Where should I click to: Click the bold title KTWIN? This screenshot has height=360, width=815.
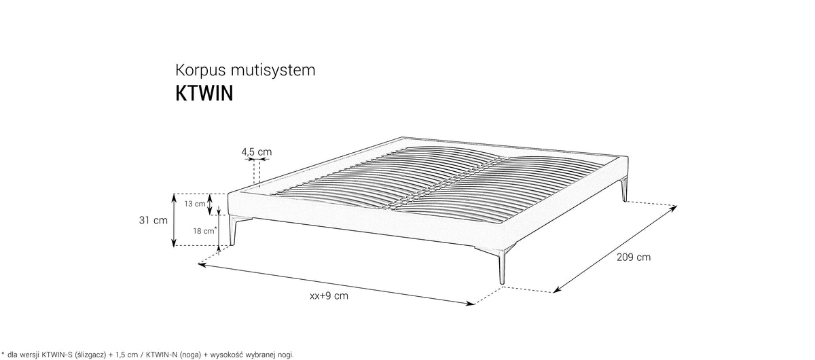[204, 93]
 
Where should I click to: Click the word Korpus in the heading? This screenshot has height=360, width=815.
[200, 71]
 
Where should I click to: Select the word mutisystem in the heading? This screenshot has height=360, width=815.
[273, 70]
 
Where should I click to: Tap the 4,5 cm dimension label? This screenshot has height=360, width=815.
[257, 151]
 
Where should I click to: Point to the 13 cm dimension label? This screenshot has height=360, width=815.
[195, 204]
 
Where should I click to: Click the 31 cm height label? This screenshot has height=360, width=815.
[153, 220]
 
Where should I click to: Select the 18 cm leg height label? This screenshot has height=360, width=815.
[204, 231]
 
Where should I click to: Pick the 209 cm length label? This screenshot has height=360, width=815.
[634, 257]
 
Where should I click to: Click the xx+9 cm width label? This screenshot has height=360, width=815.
[329, 295]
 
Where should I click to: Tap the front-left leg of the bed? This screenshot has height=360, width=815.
[233, 230]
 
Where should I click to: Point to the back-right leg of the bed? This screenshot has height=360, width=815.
[624, 190]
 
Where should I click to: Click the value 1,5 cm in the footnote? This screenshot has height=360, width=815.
[128, 355]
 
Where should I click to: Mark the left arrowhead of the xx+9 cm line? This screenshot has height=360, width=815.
[201, 265]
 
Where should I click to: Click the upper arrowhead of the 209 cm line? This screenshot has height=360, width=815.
[674, 209]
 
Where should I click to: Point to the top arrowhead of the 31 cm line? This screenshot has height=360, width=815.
[175, 197]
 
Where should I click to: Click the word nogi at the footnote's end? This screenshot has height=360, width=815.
[286, 355]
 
